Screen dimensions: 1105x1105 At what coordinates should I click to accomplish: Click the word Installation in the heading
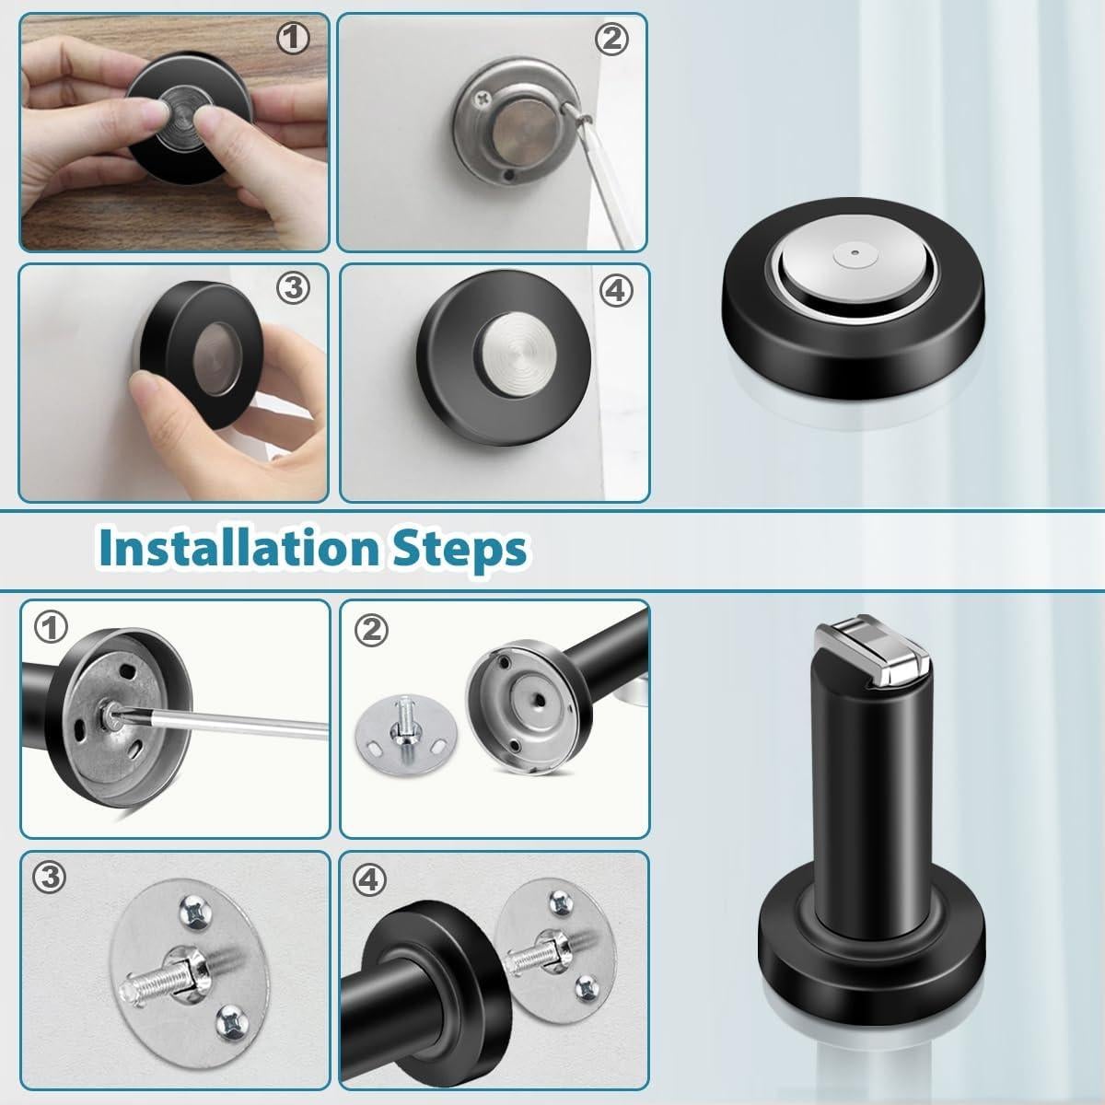coord(239,548)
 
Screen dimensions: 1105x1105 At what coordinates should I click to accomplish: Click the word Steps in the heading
coord(459,551)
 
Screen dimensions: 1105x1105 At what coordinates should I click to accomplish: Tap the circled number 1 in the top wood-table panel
coord(293,39)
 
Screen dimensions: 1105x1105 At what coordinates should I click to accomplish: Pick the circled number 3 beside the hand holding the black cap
coord(293,288)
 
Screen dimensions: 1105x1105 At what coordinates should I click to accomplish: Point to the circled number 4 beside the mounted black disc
coord(616,291)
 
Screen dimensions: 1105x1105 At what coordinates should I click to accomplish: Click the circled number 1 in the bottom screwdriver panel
coord(51,627)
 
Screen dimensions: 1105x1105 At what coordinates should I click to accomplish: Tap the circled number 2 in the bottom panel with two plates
coord(371,630)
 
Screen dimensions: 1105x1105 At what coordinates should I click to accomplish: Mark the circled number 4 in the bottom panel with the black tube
coord(368,879)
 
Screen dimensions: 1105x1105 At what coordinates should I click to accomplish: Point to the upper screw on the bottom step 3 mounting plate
coord(196,909)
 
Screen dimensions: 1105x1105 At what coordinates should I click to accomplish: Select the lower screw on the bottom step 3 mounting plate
coord(233,1021)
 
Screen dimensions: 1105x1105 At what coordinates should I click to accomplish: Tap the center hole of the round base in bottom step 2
coord(539,700)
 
